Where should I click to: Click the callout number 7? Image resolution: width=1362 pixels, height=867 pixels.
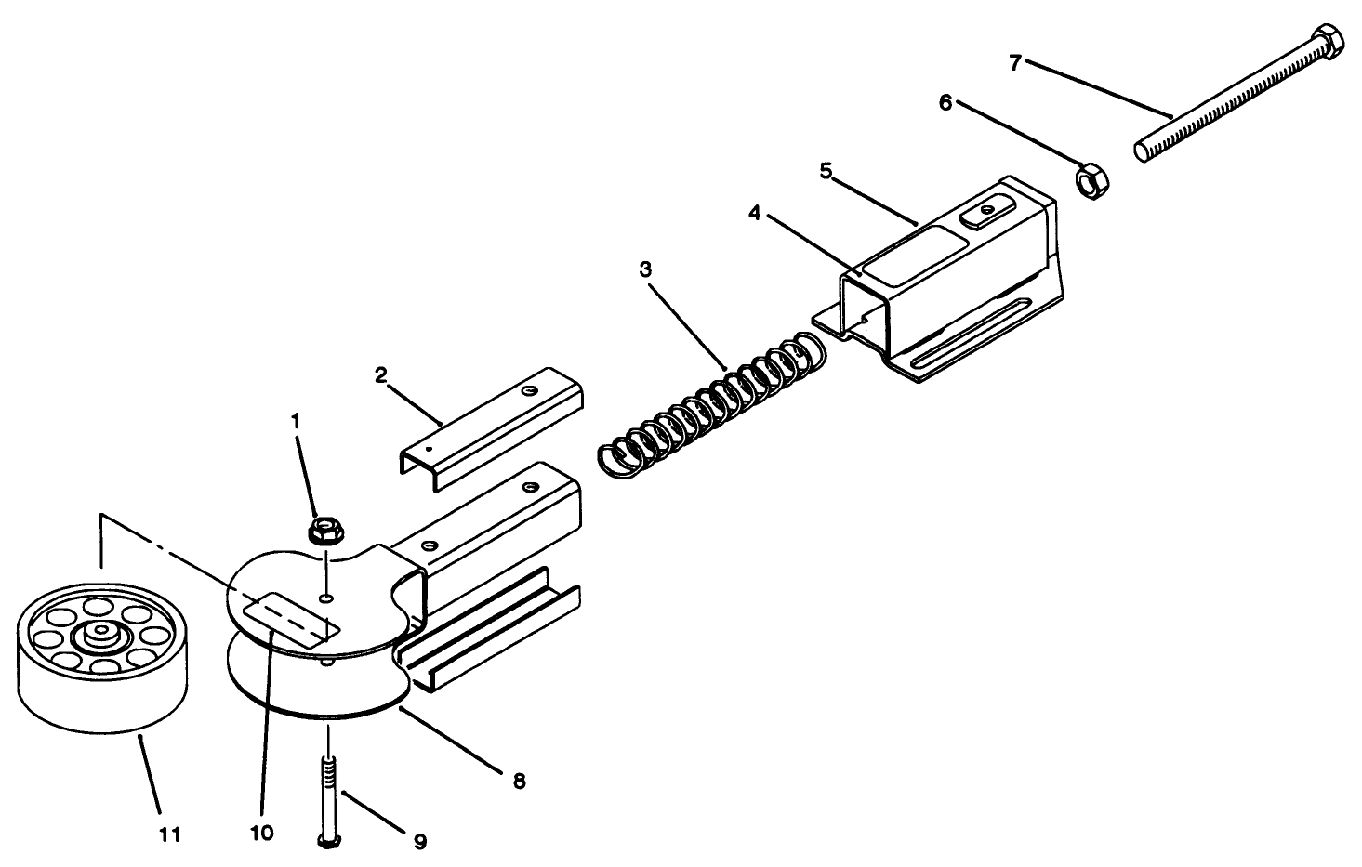1015,62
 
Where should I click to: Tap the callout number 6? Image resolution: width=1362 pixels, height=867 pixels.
945,102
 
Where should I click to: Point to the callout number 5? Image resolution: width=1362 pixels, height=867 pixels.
825,170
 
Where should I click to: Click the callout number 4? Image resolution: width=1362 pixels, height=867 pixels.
755,213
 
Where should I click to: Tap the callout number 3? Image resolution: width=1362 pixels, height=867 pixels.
645,269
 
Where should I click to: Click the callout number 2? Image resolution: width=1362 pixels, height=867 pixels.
380,374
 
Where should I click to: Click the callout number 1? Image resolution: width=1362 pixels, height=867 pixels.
296,420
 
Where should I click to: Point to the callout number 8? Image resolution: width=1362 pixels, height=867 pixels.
519,782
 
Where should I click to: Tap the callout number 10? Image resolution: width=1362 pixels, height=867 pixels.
262,833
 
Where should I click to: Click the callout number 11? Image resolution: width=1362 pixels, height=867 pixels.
168,834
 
